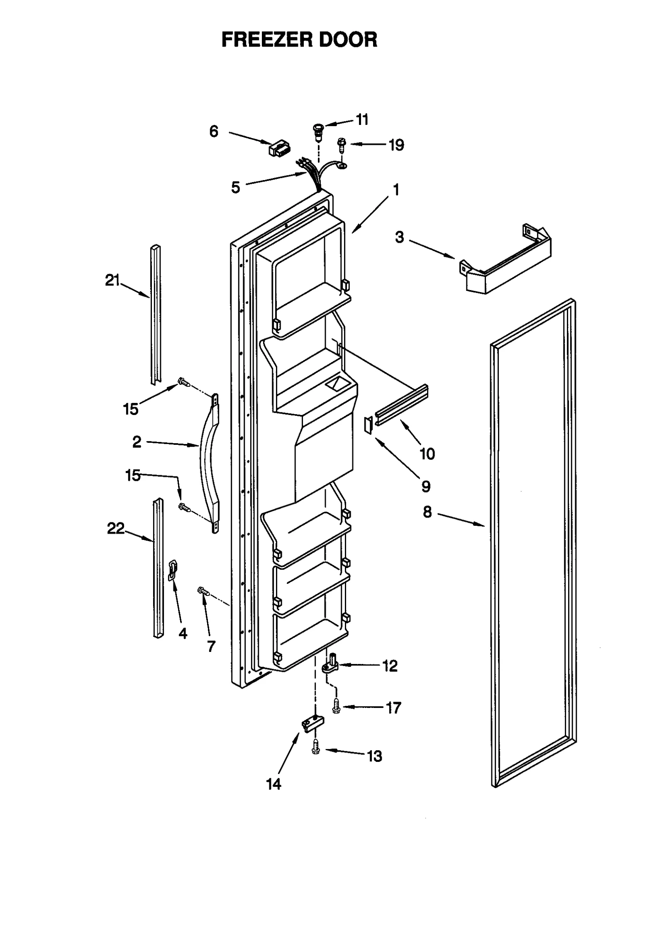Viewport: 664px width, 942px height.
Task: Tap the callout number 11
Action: [362, 120]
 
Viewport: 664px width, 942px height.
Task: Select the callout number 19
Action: [396, 145]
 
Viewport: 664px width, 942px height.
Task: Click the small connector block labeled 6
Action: [279, 149]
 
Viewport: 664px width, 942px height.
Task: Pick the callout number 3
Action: [399, 237]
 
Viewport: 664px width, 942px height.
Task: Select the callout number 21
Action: [112, 281]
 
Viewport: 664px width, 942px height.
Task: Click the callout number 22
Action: [115, 528]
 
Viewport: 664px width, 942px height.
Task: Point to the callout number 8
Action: [427, 512]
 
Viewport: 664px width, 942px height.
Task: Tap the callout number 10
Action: [427, 454]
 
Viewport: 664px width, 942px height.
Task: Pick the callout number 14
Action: [274, 784]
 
